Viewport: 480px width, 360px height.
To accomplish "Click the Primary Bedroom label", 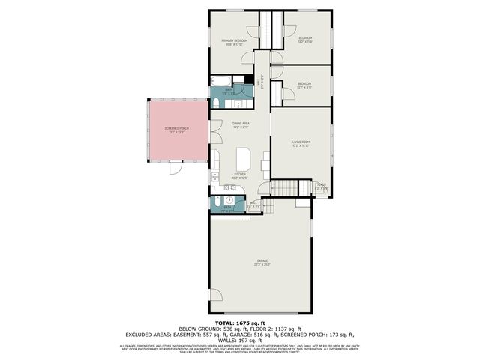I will (234, 42).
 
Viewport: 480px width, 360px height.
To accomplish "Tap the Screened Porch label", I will (176, 130).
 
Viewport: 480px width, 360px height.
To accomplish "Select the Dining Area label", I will (240, 124).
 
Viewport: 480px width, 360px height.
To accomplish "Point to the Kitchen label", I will (240, 175).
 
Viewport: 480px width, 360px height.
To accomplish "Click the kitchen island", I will (243, 159).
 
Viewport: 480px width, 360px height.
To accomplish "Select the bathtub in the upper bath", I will (221, 80).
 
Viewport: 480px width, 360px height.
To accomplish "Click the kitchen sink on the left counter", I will (214, 178).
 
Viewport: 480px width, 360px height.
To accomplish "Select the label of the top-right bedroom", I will (305, 40).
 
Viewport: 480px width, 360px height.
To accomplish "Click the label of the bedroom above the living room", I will (304, 85).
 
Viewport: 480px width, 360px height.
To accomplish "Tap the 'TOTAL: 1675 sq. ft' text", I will (239, 322).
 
